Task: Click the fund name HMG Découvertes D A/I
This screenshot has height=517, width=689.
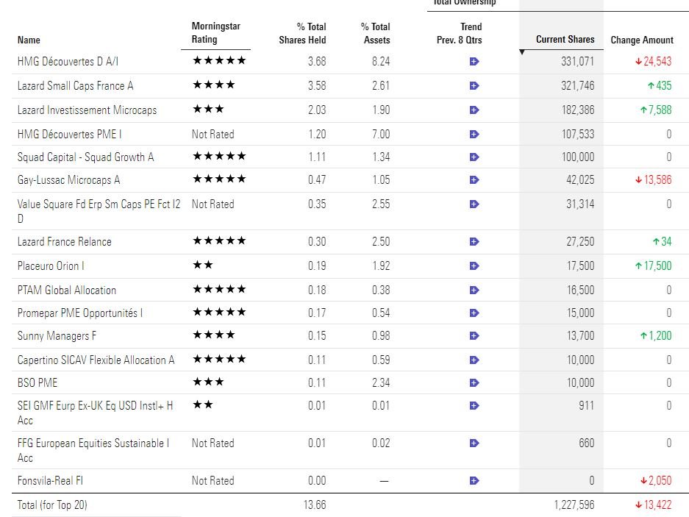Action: [x=68, y=62]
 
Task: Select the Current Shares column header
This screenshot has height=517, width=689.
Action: [x=565, y=40]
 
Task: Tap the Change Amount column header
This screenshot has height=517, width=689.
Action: [x=641, y=40]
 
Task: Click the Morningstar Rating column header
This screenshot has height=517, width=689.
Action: [x=215, y=33]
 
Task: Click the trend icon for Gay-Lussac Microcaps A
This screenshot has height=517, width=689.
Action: [x=474, y=180]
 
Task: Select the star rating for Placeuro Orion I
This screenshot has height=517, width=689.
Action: [x=202, y=265]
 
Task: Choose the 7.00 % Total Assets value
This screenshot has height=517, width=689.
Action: [x=380, y=135]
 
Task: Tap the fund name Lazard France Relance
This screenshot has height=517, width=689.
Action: [x=65, y=242]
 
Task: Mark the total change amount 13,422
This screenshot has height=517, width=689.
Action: [x=653, y=505]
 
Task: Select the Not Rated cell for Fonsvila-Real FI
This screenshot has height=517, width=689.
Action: [x=213, y=481]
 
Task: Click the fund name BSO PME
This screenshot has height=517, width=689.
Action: [x=38, y=383]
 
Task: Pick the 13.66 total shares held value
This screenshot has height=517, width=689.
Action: [x=315, y=505]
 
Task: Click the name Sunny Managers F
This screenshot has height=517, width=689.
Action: [x=57, y=336]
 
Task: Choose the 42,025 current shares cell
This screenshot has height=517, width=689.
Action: [x=579, y=180]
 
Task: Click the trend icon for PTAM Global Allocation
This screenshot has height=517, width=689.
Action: [x=474, y=290]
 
